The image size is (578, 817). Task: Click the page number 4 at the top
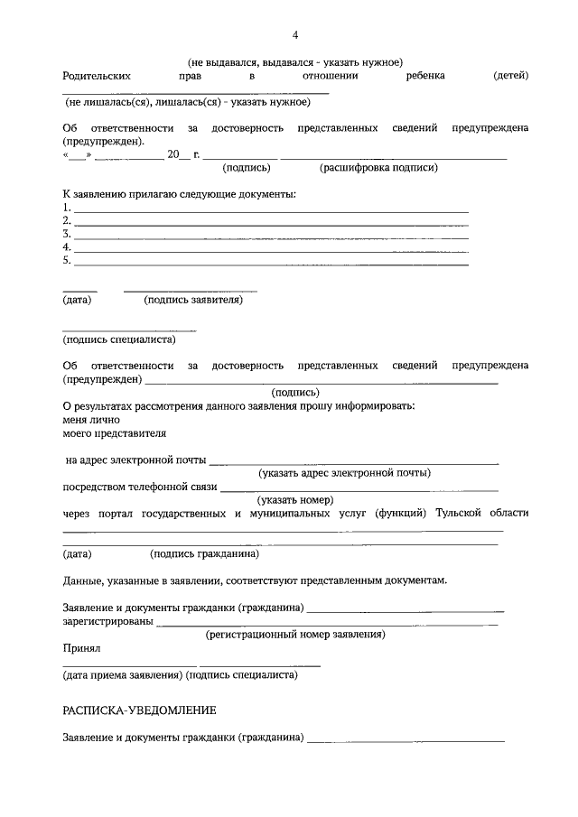[x=295, y=35]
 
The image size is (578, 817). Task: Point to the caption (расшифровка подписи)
[x=378, y=167]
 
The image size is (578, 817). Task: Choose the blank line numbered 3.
[x=271, y=235]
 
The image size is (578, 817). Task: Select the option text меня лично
[x=90, y=420]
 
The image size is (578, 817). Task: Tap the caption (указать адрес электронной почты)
[x=344, y=472]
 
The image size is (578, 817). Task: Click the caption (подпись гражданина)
[x=204, y=553]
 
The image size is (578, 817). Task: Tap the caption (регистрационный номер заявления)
[x=295, y=635]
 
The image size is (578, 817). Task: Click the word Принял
[x=80, y=648]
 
